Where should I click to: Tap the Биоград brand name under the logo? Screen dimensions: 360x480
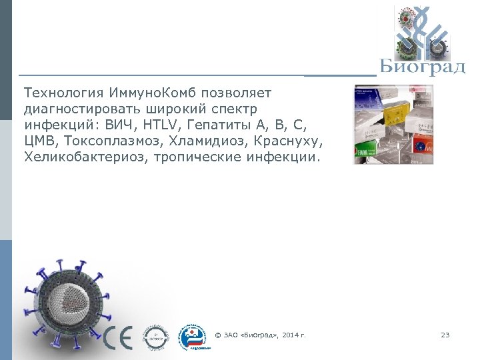422,67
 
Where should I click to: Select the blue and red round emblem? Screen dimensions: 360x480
193,336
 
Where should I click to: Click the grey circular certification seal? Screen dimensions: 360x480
157,337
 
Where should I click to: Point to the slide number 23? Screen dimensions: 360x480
445,335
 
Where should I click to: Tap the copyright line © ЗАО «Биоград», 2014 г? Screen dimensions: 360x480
261,335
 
